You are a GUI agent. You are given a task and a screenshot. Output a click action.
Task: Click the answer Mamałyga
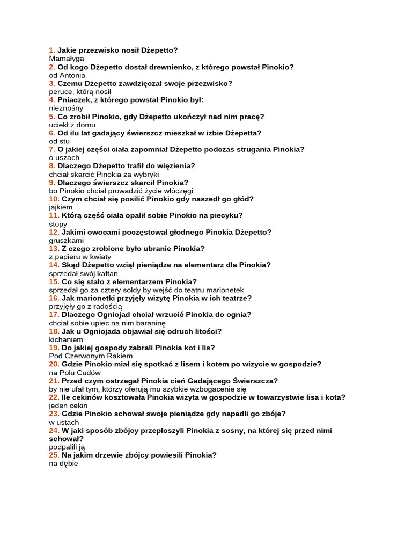[x=67, y=59]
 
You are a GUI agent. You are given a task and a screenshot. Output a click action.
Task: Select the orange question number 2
[x=52, y=67]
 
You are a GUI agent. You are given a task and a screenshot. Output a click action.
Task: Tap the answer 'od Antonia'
[x=67, y=75]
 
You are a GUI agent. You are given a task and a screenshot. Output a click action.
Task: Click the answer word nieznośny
[x=66, y=108]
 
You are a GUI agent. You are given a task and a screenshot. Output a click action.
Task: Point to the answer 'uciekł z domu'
[x=72, y=125]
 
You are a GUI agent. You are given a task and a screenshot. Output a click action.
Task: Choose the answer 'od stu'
[x=59, y=141]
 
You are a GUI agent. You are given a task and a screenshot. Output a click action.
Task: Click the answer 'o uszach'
[x=64, y=158]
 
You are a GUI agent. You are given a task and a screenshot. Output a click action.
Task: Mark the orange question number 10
[x=54, y=199]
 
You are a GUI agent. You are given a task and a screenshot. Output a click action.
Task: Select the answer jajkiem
[x=60, y=207]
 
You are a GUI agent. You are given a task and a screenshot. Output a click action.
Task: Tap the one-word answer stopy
[x=58, y=224]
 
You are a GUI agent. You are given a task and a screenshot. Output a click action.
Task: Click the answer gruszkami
[x=66, y=241]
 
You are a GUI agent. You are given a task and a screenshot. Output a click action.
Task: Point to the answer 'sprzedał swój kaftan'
[x=83, y=273]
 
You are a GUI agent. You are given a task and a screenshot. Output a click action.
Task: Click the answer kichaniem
[x=66, y=339]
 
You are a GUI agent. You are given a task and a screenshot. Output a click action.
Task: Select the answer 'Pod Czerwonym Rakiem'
[x=91, y=356]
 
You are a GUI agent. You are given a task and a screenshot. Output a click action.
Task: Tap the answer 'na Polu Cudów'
[x=75, y=373]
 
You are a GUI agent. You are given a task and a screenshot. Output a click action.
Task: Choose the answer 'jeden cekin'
[x=69, y=406]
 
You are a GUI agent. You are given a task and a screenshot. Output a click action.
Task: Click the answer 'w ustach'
[x=64, y=422]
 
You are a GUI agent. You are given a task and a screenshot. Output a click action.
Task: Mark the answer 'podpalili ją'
[x=67, y=447]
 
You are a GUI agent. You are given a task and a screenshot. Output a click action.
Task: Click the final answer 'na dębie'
[x=63, y=464]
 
